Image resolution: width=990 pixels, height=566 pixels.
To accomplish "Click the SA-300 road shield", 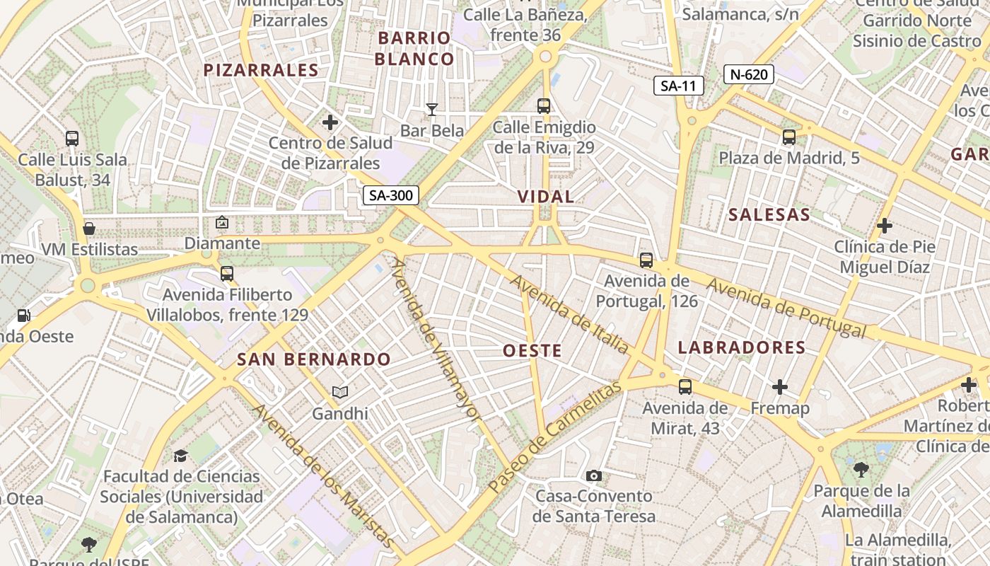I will (391, 195).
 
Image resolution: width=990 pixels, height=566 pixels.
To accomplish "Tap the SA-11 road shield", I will (678, 86).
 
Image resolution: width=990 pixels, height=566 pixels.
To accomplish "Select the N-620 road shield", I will (749, 74).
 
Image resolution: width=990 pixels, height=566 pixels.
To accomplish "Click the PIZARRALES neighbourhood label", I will (261, 70).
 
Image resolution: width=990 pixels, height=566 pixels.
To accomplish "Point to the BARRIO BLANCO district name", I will (414, 48).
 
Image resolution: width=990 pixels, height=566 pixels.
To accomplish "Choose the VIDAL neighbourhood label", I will (546, 197).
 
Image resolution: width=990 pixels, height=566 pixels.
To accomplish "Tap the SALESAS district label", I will (769, 215).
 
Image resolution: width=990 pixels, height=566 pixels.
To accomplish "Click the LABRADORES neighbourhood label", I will (742, 347).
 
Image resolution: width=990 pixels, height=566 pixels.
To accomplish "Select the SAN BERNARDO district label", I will (314, 359).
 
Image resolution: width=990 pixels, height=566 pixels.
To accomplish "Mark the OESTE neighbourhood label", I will (532, 350).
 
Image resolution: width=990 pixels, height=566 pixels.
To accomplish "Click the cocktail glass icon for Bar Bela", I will (431, 109).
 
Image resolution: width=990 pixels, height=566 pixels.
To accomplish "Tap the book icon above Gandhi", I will (340, 392).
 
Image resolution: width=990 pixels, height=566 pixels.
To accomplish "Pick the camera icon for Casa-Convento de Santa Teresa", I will (594, 475).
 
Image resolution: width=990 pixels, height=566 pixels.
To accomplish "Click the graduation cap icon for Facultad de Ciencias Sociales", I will (181, 455).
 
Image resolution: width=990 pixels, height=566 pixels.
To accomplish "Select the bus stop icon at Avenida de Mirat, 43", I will (685, 387).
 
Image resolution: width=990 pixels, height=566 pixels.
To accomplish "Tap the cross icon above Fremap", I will (780, 387).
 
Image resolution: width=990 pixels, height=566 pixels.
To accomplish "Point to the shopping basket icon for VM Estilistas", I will (89, 229).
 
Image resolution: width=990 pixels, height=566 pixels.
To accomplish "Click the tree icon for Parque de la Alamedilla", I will (861, 469).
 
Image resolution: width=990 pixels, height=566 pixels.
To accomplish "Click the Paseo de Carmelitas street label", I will (555, 437).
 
